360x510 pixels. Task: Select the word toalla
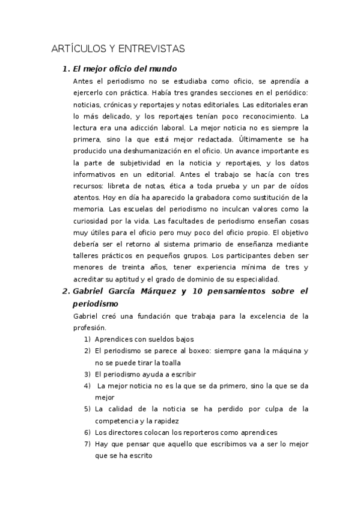click(x=171, y=362)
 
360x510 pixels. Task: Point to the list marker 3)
click(x=87, y=374)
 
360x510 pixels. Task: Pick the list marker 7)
click(x=87, y=444)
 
